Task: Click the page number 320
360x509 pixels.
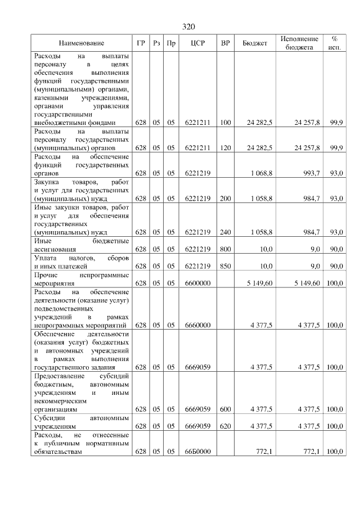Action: pyautogui.click(x=188, y=27)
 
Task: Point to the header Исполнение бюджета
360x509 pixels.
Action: pyautogui.click(x=300, y=43)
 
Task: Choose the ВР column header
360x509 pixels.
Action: pyautogui.click(x=226, y=43)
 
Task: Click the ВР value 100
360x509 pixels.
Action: pyautogui.click(x=226, y=123)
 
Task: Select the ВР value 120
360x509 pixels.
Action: pyautogui.click(x=226, y=148)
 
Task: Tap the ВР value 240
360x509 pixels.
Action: pyautogui.click(x=226, y=232)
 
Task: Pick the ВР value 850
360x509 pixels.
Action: pyautogui.click(x=226, y=266)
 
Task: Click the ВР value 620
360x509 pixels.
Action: pyautogui.click(x=226, y=426)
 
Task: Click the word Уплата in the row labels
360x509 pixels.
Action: pyautogui.click(x=46, y=258)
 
